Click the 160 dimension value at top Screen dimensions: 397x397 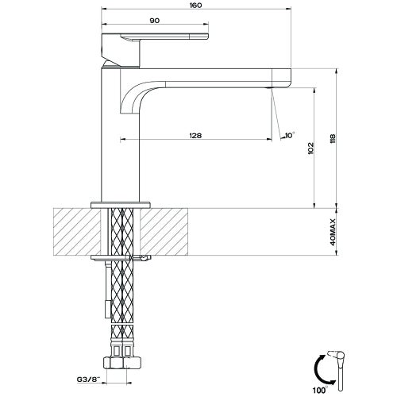tap(195, 6)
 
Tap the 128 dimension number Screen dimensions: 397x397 tap(195, 135)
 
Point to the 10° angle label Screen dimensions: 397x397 tap(289, 136)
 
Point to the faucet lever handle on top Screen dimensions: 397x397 tap(155, 37)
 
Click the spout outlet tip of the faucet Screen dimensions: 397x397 tap(281, 77)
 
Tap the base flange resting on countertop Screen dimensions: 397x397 tap(120, 204)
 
